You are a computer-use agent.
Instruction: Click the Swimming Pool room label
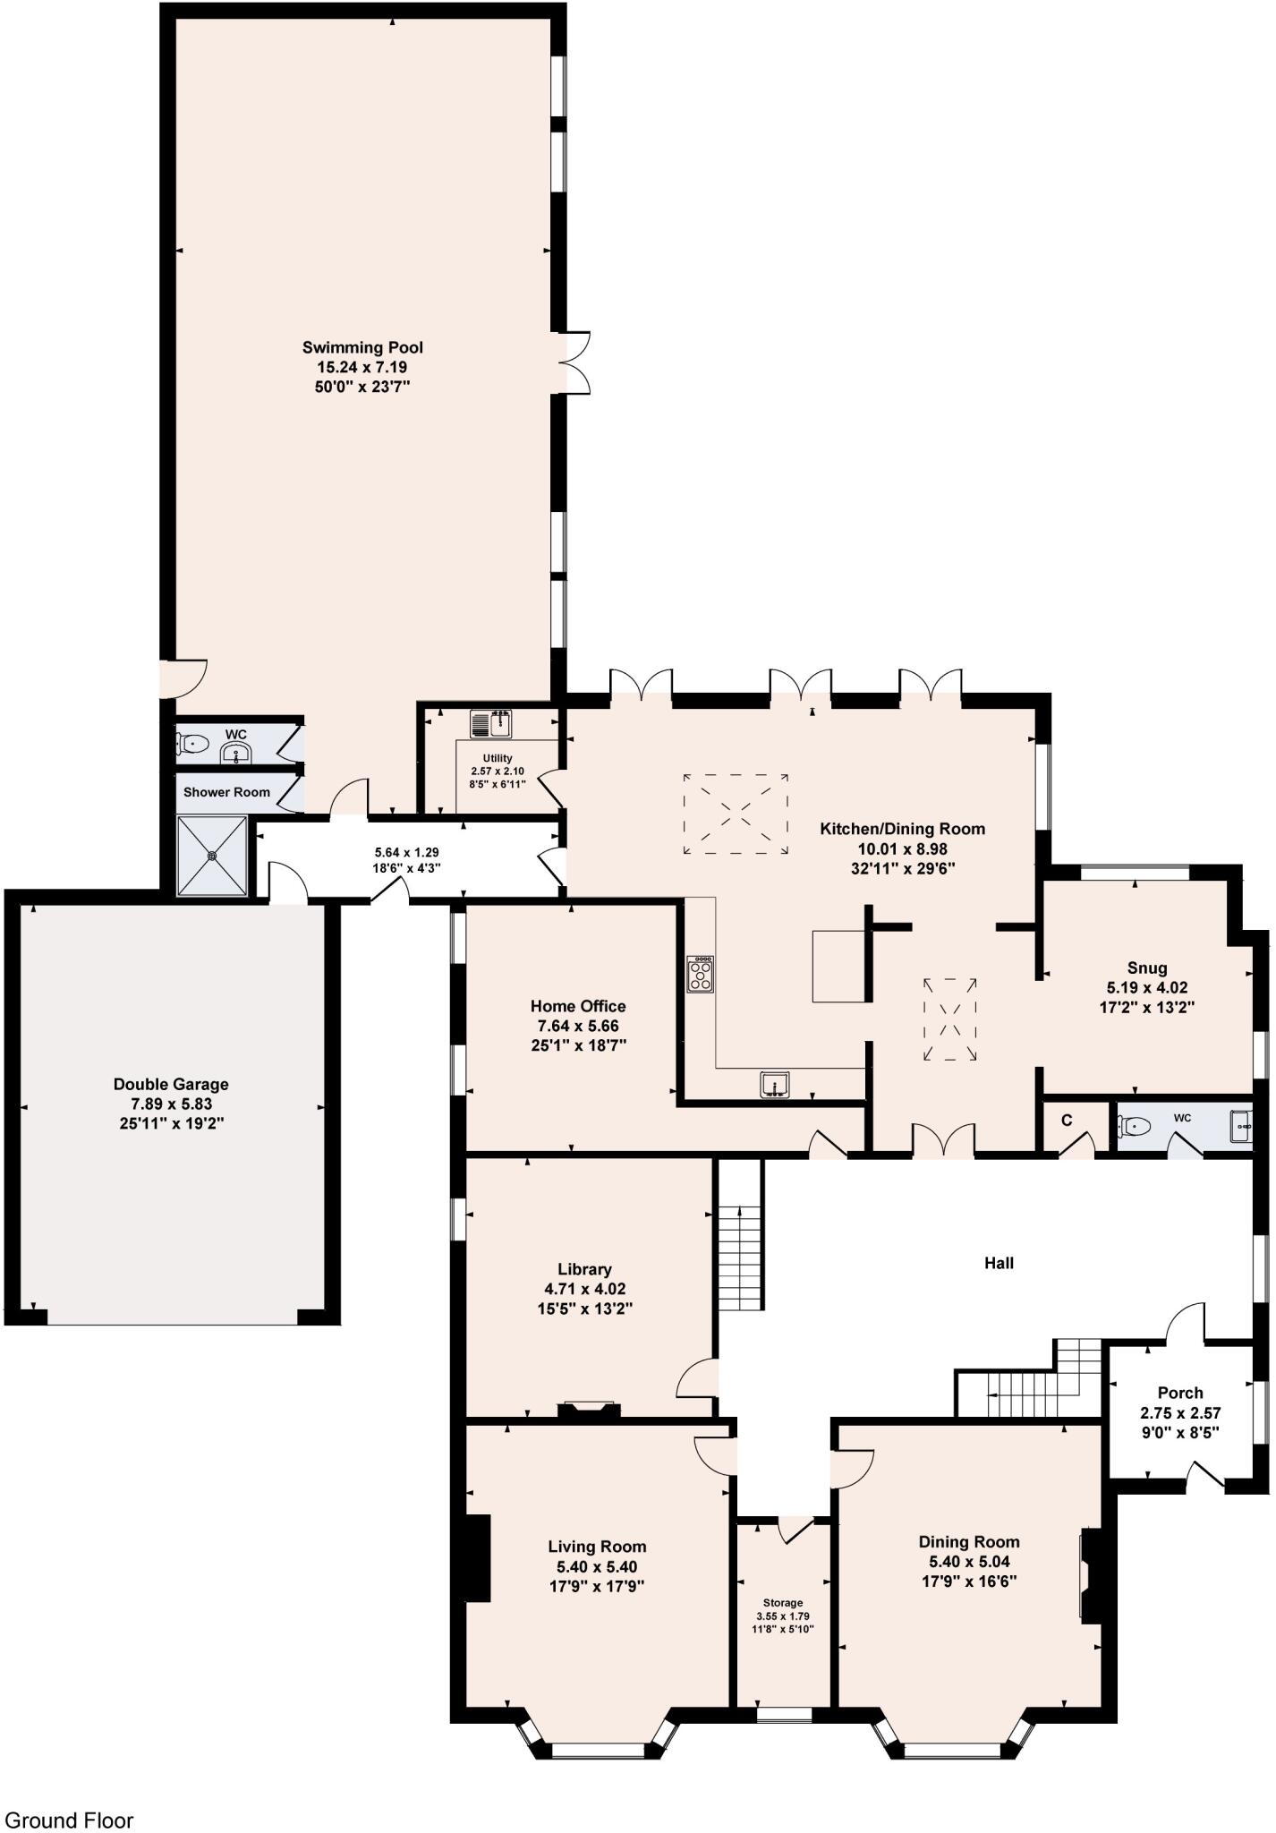coord(362,347)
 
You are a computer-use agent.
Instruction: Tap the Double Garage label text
coord(171,1084)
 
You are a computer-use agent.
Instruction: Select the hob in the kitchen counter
coord(700,974)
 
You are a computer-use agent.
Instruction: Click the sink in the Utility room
coord(489,722)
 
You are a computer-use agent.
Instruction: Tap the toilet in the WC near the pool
coord(193,743)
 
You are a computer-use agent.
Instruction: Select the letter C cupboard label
coord(1066,1120)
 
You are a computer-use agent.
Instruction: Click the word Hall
coord(999,1263)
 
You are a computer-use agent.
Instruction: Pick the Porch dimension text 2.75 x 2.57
coord(1180,1413)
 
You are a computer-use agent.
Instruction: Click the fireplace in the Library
coord(589,1411)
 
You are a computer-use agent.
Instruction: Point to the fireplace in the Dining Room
coord(1091,1574)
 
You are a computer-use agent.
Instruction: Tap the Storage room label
coord(782,1602)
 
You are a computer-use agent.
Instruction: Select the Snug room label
coord(1146,968)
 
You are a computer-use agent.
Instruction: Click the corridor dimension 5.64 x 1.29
coord(407,853)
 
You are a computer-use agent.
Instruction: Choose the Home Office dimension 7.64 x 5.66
coord(578,1026)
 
